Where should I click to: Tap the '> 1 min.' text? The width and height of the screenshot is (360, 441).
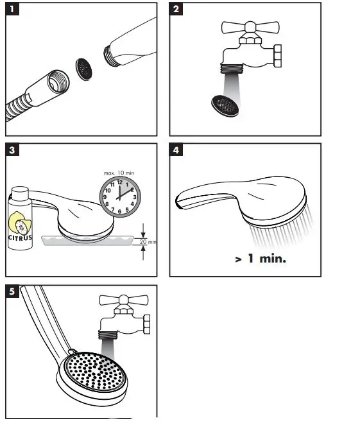(260, 259)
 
